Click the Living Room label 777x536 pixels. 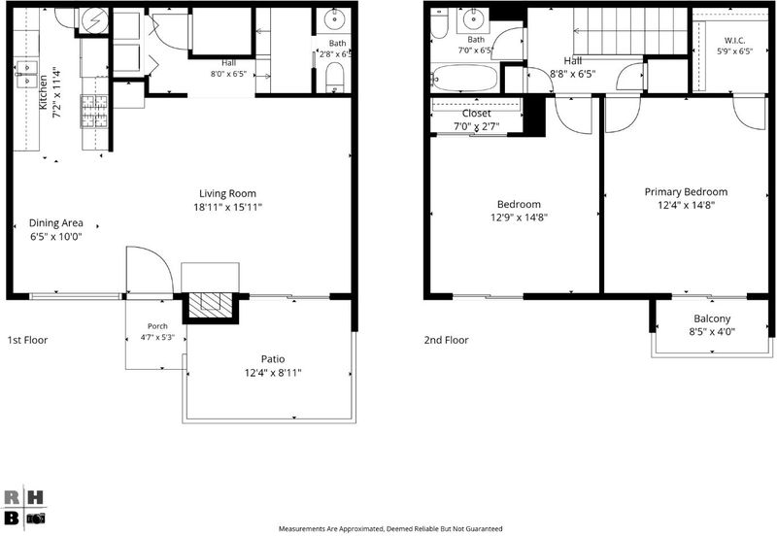227,193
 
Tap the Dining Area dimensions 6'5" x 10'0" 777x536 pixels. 56,236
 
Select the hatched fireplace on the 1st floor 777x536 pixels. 211,305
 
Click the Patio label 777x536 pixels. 273,359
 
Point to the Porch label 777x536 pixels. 157,326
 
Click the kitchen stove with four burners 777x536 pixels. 94,111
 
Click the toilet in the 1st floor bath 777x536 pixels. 335,79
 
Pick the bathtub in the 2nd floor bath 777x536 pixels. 465,78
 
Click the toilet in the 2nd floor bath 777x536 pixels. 439,23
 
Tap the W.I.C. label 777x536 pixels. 734,41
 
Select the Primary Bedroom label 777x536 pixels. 686,191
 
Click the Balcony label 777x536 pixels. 712,318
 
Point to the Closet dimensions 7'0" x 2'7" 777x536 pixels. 477,126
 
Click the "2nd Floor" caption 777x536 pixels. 446,340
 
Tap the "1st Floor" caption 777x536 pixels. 27,340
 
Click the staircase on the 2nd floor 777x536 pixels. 630,31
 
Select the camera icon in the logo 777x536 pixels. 36,519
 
